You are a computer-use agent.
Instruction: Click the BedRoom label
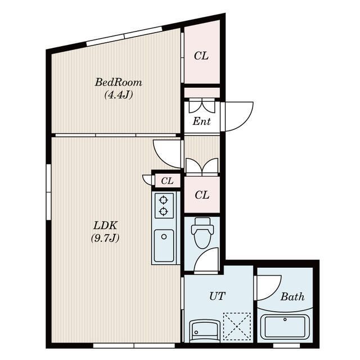click(x=119, y=83)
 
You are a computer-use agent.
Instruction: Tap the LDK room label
click(x=105, y=226)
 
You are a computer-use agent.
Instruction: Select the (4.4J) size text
click(x=119, y=94)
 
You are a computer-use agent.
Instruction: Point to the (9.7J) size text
click(x=105, y=238)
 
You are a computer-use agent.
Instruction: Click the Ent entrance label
click(x=201, y=121)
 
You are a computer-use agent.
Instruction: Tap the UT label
click(x=217, y=296)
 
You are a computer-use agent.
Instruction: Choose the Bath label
click(x=292, y=296)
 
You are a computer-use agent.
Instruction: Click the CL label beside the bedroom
click(x=201, y=56)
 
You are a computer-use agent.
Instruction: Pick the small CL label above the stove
click(x=167, y=181)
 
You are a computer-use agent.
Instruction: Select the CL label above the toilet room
click(x=202, y=195)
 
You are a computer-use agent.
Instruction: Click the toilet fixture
click(x=202, y=232)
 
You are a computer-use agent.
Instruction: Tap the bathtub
click(x=285, y=327)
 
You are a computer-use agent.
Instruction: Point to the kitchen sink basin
click(x=164, y=246)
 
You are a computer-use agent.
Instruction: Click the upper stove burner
click(x=163, y=200)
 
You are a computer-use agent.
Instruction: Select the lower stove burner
click(x=163, y=211)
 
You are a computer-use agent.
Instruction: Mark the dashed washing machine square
click(x=237, y=326)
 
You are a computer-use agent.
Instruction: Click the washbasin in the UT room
click(x=204, y=330)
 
